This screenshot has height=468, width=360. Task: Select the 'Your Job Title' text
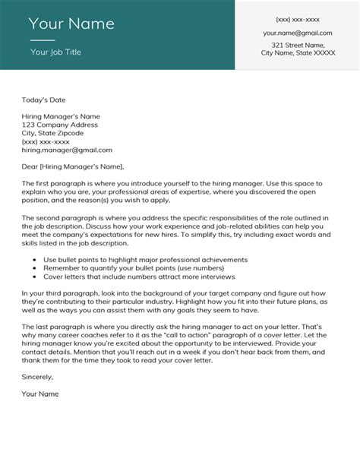tap(55, 52)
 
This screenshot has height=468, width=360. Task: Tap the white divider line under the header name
tap(43, 40)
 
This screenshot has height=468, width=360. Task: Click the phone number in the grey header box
tap(298, 19)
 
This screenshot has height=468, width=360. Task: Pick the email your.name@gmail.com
tap(298, 33)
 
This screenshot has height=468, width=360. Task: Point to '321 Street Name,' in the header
tap(298, 46)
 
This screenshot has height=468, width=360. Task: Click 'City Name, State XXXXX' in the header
tap(298, 54)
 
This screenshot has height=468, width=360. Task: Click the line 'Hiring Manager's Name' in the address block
tap(61, 115)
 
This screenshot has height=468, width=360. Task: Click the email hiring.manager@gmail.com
tap(67, 150)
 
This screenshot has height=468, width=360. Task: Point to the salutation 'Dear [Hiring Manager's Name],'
tap(72, 166)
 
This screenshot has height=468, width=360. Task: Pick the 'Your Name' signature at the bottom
tap(40, 416)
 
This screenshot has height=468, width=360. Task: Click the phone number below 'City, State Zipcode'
tap(46, 141)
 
